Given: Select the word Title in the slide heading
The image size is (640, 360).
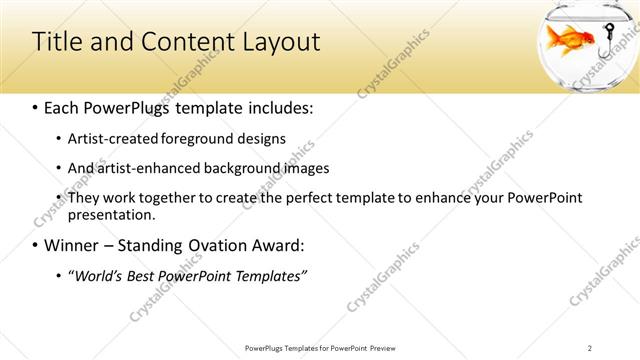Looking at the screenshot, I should tap(56, 42).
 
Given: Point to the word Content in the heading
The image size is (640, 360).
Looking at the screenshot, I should tap(183, 42).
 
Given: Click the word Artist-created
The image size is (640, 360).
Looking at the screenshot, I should tap(112, 139).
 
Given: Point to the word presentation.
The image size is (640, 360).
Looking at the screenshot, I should tap(111, 214).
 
